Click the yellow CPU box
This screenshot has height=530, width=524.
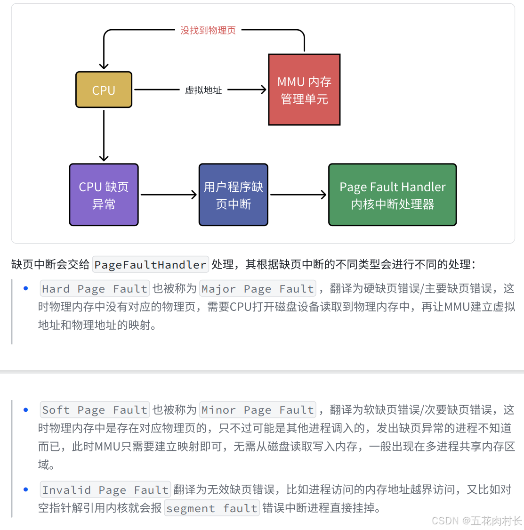pos(104,90)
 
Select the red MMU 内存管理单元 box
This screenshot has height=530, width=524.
pos(304,90)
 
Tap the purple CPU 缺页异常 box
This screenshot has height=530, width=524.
pos(104,195)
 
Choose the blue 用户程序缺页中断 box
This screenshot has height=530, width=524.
pos(233,195)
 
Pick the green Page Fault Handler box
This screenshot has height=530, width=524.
pos(392,195)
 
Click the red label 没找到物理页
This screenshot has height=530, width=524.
pos(208,31)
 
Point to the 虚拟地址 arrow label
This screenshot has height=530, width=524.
pos(203,90)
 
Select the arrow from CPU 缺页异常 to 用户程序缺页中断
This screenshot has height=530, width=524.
pos(169,195)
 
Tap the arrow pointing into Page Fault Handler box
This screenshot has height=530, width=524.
pos(298,195)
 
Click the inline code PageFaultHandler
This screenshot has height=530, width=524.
pos(150,265)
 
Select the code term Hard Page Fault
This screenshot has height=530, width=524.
pos(95,289)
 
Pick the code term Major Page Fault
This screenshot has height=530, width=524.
pos(258,289)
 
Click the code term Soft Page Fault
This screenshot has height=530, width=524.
pos(95,410)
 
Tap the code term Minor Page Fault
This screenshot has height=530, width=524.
pos(258,410)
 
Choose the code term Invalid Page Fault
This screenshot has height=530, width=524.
pos(105,490)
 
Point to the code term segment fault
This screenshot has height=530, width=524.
pos(212,508)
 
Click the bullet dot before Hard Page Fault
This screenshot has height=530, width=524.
pos(26,289)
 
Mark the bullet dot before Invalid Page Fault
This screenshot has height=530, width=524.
pos(26,490)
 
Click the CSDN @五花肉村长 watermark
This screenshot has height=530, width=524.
pos(476,521)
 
